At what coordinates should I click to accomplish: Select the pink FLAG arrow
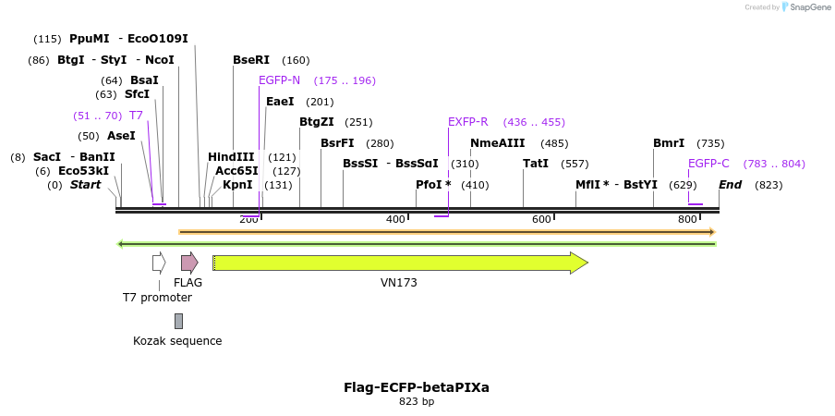pos(189,263)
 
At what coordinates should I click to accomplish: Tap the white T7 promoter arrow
pos(159,263)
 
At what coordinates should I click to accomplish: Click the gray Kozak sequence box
pos(178,321)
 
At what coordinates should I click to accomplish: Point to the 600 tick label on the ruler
pos(541,219)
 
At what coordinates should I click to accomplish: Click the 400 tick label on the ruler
pos(395,219)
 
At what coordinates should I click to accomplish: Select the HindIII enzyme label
pos(231,157)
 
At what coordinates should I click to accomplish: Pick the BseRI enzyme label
pos(251,60)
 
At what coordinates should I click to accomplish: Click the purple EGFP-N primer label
pos(279,80)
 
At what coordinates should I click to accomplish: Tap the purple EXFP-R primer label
pos(467,122)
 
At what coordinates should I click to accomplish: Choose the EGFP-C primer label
pos(708,164)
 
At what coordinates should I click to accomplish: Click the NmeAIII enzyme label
pos(497,143)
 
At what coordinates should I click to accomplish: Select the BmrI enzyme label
pos(669,143)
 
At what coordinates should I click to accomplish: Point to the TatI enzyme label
pos(536,164)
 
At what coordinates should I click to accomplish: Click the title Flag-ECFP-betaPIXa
pos(417,386)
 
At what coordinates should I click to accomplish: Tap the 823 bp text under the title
pos(417,401)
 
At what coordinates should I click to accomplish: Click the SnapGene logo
pos(806,7)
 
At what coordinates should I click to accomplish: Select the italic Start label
pos(85,185)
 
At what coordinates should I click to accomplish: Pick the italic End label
pos(730,185)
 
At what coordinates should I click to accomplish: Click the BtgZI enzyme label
pos(317,122)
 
